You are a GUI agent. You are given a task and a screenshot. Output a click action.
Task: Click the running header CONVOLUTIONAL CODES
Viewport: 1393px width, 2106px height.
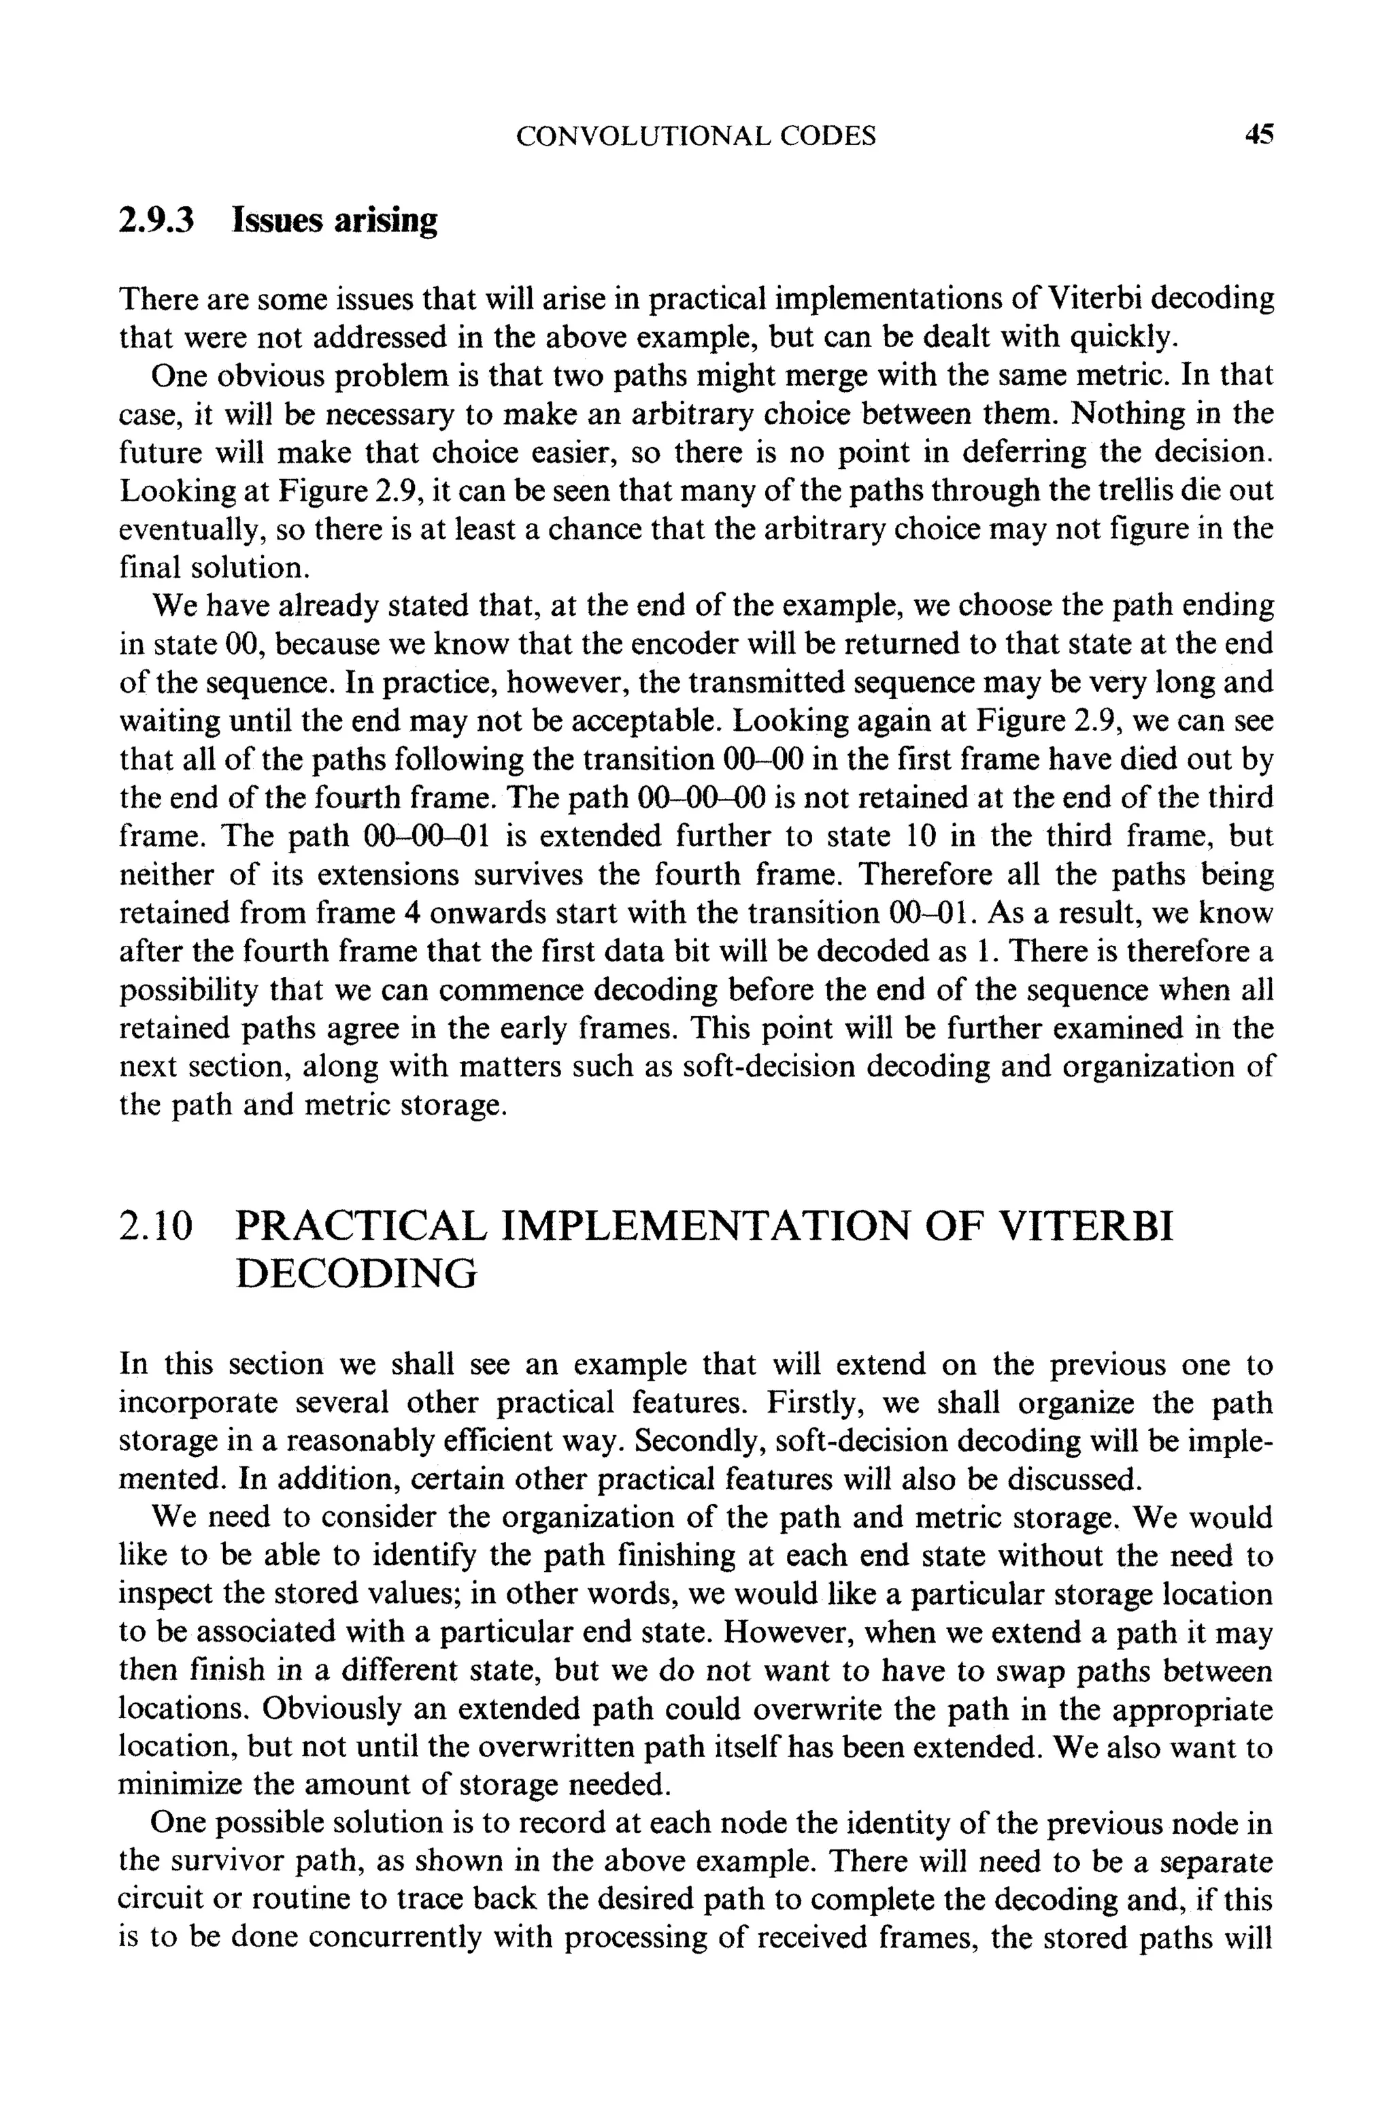coord(696,136)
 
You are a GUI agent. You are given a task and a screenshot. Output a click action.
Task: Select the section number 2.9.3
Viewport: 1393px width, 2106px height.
coord(156,220)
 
